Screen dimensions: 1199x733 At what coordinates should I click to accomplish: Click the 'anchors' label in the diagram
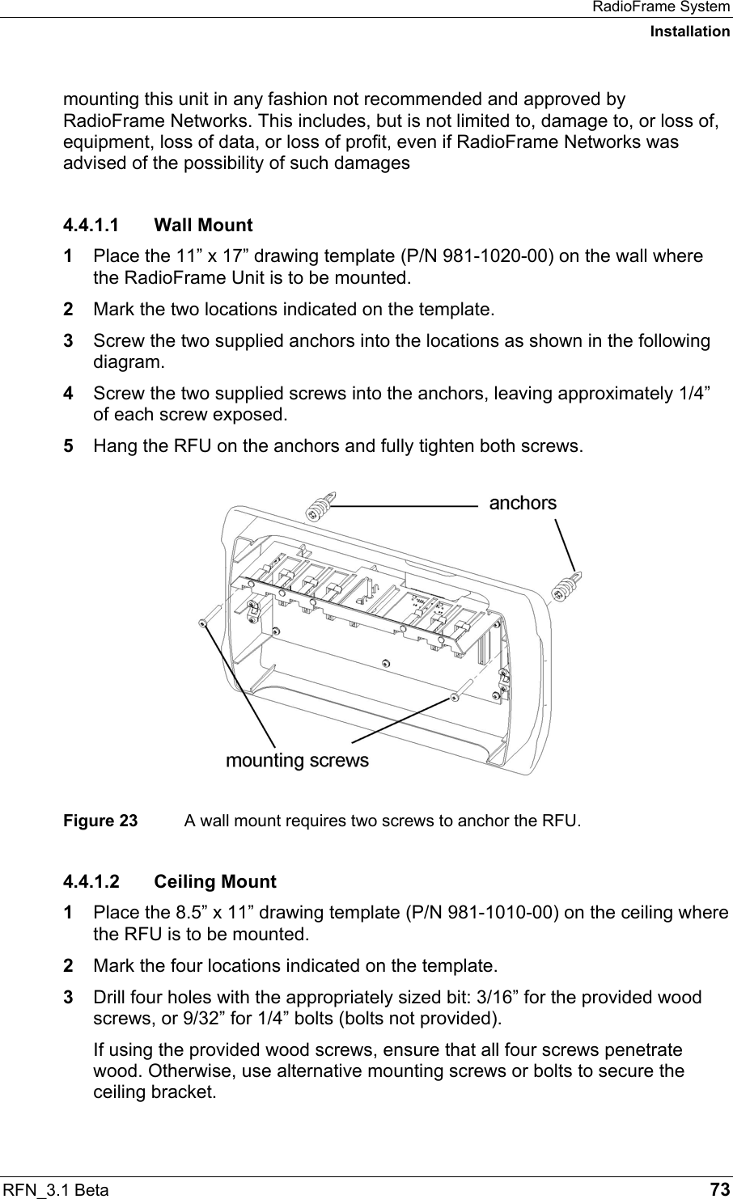click(523, 503)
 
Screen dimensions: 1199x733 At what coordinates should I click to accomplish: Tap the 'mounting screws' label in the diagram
click(297, 761)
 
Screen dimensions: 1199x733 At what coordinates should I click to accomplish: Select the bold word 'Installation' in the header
click(689, 32)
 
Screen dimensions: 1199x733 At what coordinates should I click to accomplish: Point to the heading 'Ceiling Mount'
click(214, 881)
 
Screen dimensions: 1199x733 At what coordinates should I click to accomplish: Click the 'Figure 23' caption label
click(100, 821)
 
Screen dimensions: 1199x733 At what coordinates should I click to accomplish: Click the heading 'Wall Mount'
click(203, 225)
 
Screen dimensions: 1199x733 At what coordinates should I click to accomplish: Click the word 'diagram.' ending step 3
click(128, 361)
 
